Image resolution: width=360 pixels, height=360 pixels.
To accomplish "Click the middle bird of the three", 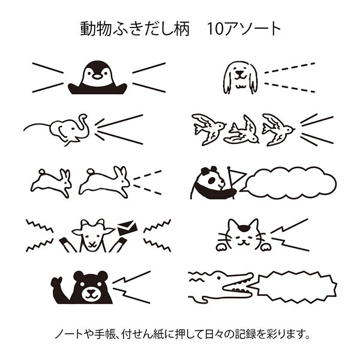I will pos(242,131).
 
